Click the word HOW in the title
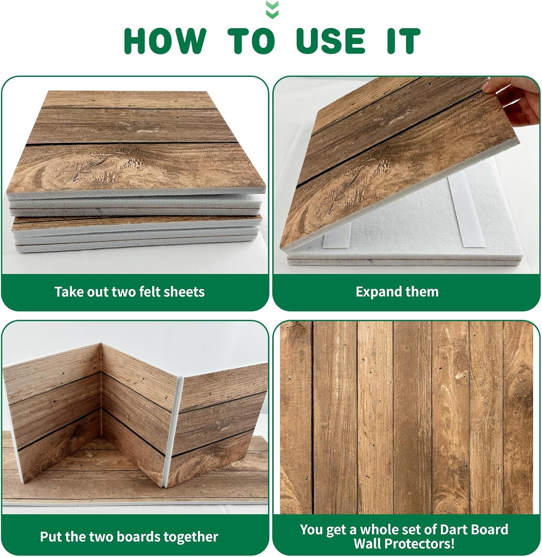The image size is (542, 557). (x=165, y=40)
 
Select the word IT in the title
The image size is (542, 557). (x=404, y=40)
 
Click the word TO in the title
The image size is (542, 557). (x=251, y=40)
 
